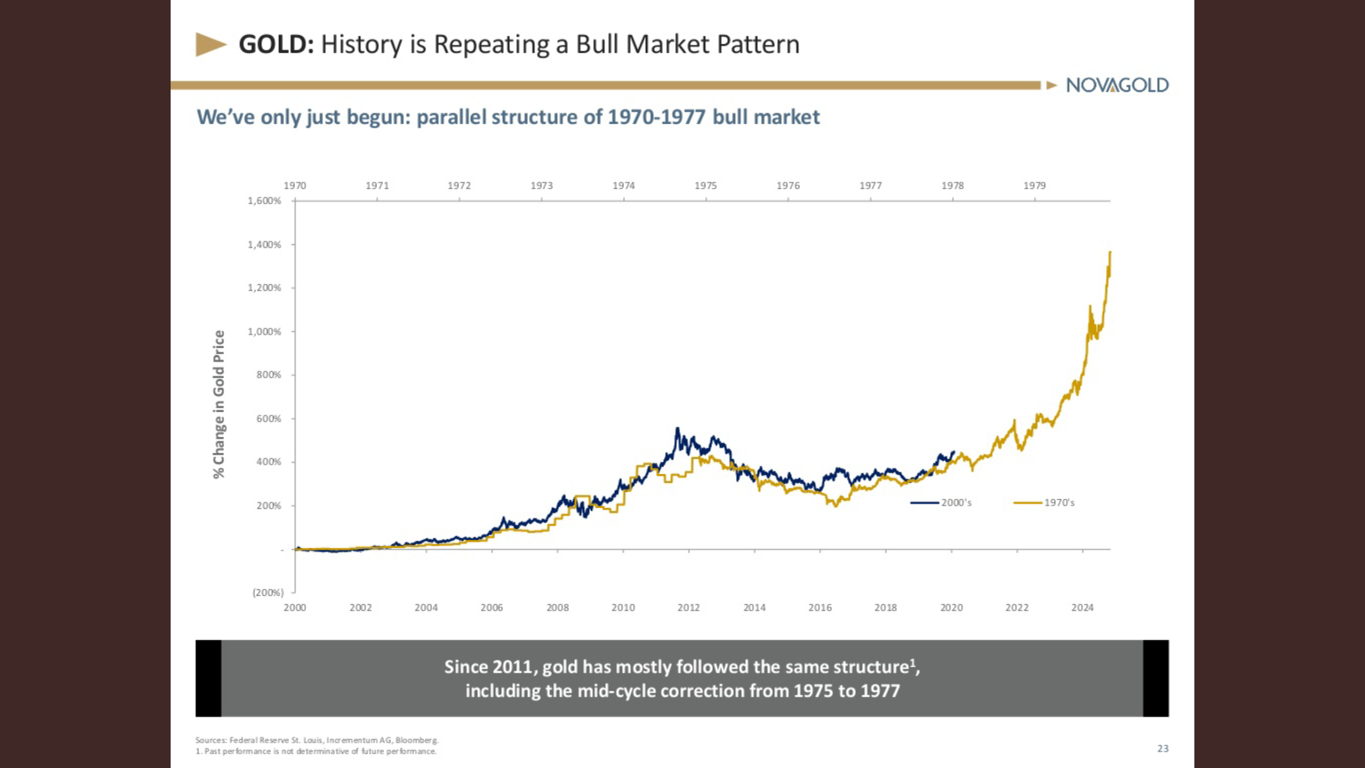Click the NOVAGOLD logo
coord(1117,85)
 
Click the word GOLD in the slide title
coord(276,44)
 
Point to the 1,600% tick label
coord(264,201)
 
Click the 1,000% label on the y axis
coord(264,331)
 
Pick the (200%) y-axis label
coord(268,592)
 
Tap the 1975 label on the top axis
coord(705,186)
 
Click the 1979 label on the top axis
coord(1034,186)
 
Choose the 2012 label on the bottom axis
coord(688,607)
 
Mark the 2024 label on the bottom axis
coord(1082,607)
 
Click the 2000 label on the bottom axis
coord(295,607)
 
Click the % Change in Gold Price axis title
coord(219,404)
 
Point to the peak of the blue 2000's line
coord(677,428)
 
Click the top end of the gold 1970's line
coord(1110,252)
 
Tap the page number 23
coord(1163,749)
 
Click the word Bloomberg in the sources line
coord(416,740)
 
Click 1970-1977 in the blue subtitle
coord(656,117)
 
